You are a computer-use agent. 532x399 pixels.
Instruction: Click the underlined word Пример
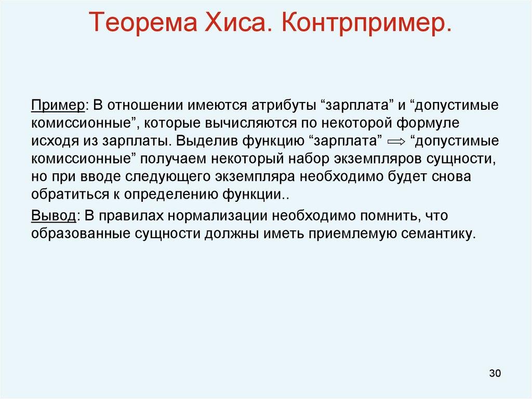(58, 105)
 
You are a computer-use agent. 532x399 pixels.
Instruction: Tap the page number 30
(495, 373)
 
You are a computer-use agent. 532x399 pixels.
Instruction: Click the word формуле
(430, 123)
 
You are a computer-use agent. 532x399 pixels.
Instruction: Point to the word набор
(295, 159)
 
